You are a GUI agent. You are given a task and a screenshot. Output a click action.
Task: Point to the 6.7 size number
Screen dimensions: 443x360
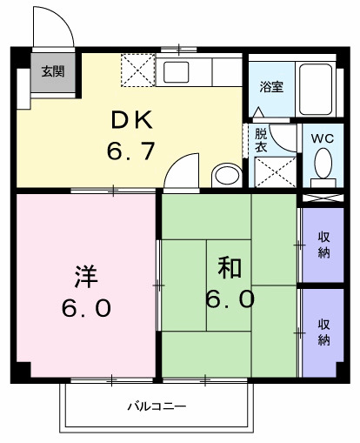(x=131, y=151)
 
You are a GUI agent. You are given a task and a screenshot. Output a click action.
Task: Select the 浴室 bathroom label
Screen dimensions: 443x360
(x=271, y=87)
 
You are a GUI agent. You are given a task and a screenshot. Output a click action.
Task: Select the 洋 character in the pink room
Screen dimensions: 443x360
(x=84, y=278)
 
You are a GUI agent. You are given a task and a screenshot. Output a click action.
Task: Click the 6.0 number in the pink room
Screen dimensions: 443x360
(x=85, y=309)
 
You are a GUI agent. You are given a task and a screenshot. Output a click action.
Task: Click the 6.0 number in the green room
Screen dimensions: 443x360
(x=230, y=300)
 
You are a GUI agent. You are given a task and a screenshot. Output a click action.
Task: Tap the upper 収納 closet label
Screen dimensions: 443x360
(x=324, y=245)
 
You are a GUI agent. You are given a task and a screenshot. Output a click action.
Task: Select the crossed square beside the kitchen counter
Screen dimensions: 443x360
(x=137, y=69)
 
